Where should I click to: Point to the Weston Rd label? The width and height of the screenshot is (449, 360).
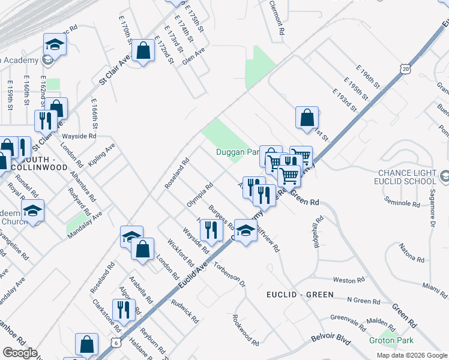click(x=345, y=280)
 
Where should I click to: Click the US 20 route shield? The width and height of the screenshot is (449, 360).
click(x=407, y=69)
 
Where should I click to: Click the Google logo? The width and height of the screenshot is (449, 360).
click(x=20, y=353)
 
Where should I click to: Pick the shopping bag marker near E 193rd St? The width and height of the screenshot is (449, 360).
click(x=307, y=118)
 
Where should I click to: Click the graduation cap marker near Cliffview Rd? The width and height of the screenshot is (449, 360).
click(x=246, y=232)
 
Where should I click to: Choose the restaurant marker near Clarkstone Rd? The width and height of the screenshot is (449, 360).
click(x=124, y=310)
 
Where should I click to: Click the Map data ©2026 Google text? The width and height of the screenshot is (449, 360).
click(x=411, y=355)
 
